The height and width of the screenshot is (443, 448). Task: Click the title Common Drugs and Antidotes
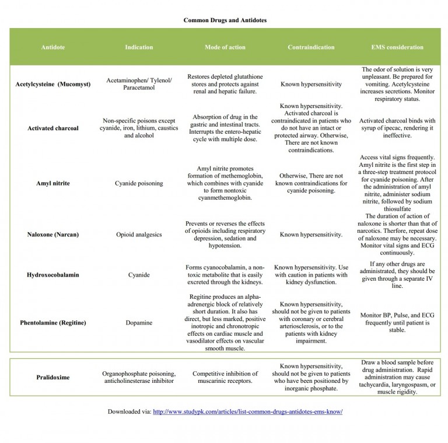point(225,20)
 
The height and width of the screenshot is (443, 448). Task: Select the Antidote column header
point(52,47)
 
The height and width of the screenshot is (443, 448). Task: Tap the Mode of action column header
point(225,47)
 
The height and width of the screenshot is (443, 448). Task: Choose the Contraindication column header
point(311,47)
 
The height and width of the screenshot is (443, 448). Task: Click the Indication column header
point(139,47)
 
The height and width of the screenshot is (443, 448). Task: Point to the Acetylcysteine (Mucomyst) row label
point(52,84)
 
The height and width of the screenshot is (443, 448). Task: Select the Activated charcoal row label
point(52,128)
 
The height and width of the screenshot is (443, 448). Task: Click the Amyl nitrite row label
point(52,183)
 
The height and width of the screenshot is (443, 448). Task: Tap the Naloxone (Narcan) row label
point(52,235)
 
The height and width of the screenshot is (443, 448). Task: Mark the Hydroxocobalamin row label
point(52,275)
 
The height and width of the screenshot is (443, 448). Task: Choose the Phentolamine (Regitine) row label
point(52,323)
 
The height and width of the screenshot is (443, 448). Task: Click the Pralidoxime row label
point(52,378)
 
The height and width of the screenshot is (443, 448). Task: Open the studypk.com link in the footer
point(247,411)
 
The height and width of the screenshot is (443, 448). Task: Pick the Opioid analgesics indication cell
point(139,235)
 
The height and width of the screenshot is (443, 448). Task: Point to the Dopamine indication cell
point(139,323)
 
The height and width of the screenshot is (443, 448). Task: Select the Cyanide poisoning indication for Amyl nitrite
point(139,183)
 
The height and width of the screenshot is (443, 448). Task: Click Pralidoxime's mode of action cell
point(225,378)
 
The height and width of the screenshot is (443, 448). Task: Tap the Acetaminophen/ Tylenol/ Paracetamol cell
point(139,84)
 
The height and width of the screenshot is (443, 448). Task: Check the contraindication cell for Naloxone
point(311,235)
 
